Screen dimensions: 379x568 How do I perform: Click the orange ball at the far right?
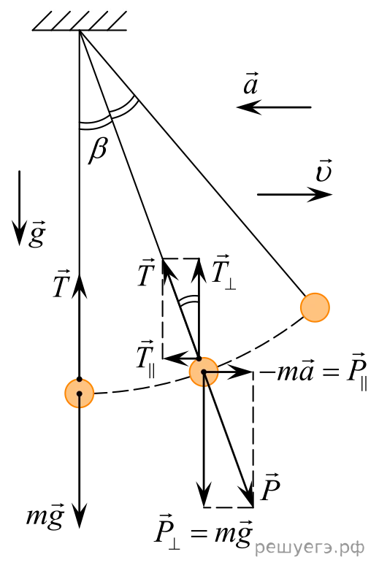pos(315,307)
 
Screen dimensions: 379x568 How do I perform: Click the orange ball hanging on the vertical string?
pos(80,393)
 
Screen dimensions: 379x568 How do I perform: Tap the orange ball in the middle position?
pos(204,372)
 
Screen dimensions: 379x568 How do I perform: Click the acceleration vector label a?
pos(251,84)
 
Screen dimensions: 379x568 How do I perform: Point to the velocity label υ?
pos(324,171)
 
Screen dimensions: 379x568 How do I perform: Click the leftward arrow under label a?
pos(274,107)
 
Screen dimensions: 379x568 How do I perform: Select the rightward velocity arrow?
pos(294,194)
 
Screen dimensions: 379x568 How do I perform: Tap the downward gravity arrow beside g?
pos(19,208)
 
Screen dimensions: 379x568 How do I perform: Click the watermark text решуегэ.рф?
pos(310,548)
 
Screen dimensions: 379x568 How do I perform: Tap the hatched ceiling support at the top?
pos(80,21)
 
